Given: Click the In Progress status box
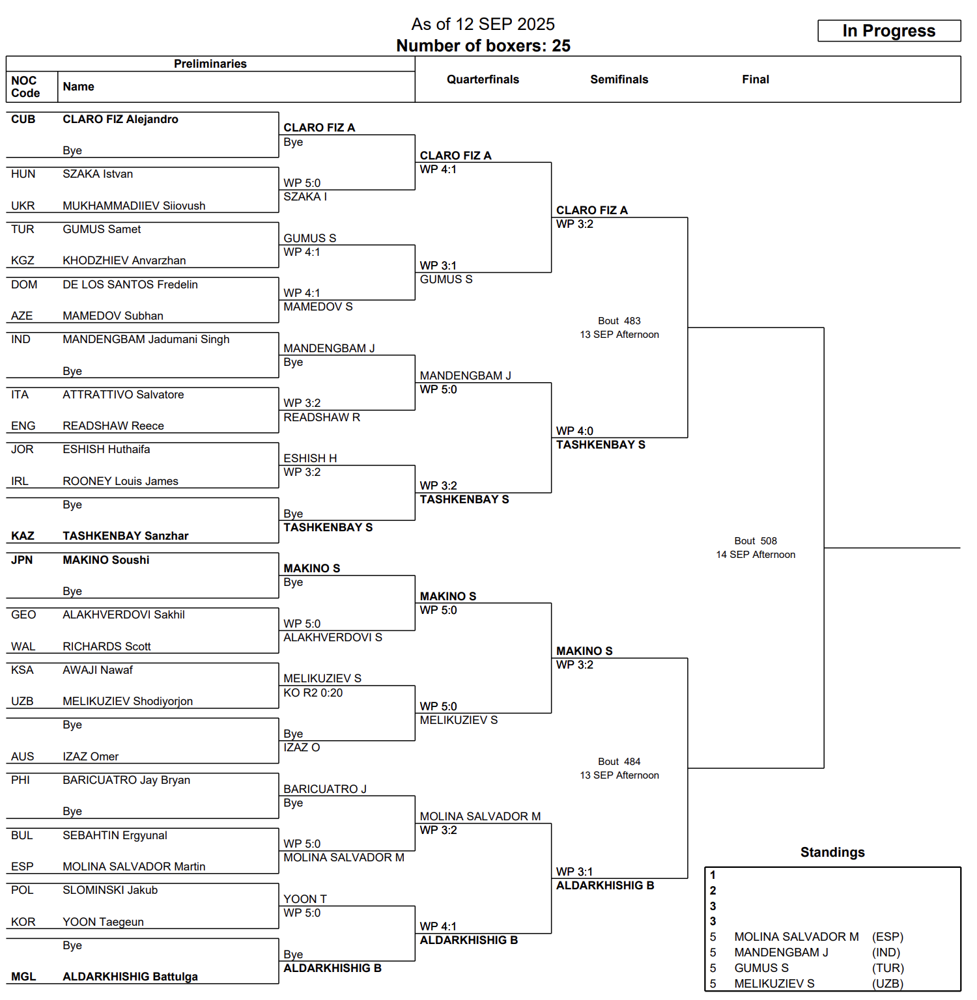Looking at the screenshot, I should (888, 31).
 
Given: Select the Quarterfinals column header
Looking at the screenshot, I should (483, 79).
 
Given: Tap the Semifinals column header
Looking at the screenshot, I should (619, 79).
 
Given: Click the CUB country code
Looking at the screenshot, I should (23, 119).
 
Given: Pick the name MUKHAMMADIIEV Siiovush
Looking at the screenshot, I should (134, 206).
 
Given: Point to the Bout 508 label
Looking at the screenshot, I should (755, 541).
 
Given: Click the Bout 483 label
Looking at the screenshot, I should (619, 321).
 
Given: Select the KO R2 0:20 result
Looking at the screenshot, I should (313, 693).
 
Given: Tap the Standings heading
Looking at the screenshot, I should (832, 852).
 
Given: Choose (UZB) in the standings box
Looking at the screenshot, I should (887, 984).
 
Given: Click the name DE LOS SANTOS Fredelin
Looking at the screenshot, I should (130, 285).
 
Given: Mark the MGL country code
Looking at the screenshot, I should (23, 977).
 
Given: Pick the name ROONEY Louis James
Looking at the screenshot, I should (120, 481).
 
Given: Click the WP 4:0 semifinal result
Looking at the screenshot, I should (574, 431).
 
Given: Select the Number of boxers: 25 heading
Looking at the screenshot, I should (483, 46).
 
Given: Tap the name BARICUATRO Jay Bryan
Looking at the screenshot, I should (126, 780).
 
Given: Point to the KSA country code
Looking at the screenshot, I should (23, 670).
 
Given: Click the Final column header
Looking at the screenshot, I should (755, 79).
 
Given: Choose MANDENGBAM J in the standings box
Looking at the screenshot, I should (781, 952).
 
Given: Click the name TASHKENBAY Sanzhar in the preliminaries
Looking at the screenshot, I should (125, 536).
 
